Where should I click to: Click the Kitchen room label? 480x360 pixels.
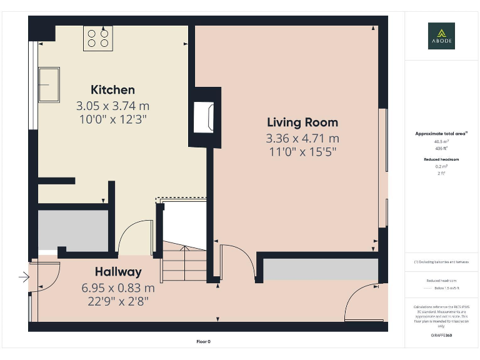pyautogui.click(x=112, y=89)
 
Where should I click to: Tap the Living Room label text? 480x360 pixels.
pyautogui.click(x=302, y=122)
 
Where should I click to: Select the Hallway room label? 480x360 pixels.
pyautogui.click(x=118, y=272)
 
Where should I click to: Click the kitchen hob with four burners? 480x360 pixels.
pyautogui.click(x=98, y=38)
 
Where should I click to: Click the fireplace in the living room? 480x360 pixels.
pyautogui.click(x=204, y=117)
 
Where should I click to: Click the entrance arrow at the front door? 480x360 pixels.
pyautogui.click(x=24, y=276)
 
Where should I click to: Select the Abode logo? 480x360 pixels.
pyautogui.click(x=441, y=36)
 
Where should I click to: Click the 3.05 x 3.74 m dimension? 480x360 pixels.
pyautogui.click(x=112, y=106)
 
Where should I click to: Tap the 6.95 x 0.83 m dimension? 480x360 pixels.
pyautogui.click(x=118, y=288)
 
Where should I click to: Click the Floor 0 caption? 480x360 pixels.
pyautogui.click(x=203, y=341)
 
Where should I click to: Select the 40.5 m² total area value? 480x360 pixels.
pyautogui.click(x=441, y=141)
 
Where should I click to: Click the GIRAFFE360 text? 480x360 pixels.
pyautogui.click(x=441, y=336)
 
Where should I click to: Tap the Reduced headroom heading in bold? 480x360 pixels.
pyautogui.click(x=441, y=159)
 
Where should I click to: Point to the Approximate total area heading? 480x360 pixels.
pyautogui.click(x=441, y=134)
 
